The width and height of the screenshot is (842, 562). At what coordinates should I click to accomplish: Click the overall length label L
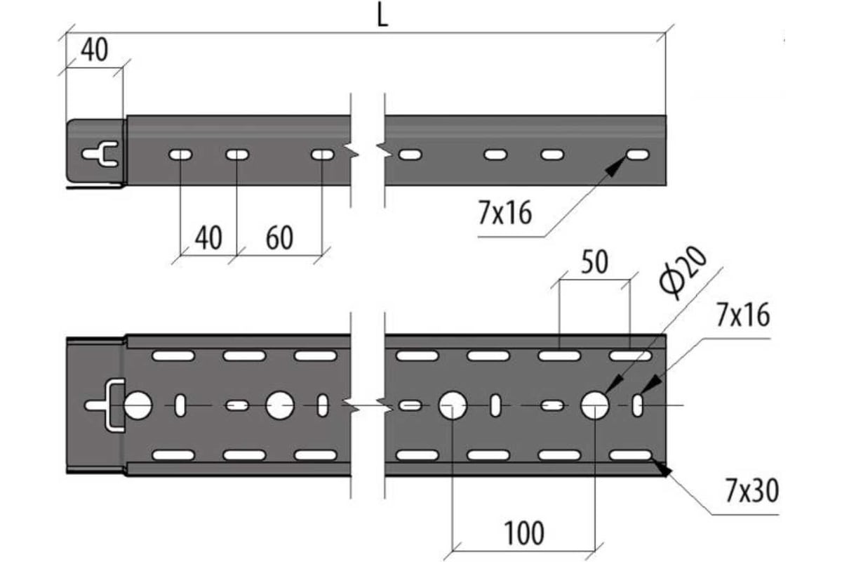382,18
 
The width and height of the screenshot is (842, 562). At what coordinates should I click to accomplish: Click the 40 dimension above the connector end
94,50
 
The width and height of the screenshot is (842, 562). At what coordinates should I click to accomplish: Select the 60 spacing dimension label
279,237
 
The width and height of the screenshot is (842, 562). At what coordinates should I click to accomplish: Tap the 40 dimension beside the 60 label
208,237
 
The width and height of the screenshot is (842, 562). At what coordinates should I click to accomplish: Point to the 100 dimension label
523,533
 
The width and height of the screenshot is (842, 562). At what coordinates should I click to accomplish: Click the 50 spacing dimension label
594,262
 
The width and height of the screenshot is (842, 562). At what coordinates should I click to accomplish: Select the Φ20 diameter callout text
683,273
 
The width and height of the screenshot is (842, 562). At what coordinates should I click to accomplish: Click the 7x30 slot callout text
751,491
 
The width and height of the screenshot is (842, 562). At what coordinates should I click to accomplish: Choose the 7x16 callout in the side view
504,213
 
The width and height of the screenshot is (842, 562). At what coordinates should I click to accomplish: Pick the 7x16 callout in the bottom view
743,315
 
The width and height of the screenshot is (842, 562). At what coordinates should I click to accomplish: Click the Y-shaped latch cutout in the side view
100,154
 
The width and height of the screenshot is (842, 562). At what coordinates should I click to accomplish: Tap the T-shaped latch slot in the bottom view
104,405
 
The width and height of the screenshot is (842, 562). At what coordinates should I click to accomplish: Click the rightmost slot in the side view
638,155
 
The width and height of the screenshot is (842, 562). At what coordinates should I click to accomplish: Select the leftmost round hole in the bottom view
138,405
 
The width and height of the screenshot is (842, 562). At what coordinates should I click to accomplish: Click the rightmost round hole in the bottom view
595,405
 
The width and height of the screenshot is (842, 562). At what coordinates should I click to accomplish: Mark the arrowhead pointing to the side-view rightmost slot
615,166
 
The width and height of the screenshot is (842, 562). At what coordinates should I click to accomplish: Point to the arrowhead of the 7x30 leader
661,468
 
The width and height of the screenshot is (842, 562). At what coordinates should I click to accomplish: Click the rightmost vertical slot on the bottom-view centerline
638,405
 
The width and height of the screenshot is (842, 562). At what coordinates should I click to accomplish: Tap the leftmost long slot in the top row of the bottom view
173,355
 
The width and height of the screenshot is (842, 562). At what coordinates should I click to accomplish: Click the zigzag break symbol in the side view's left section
352,151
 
